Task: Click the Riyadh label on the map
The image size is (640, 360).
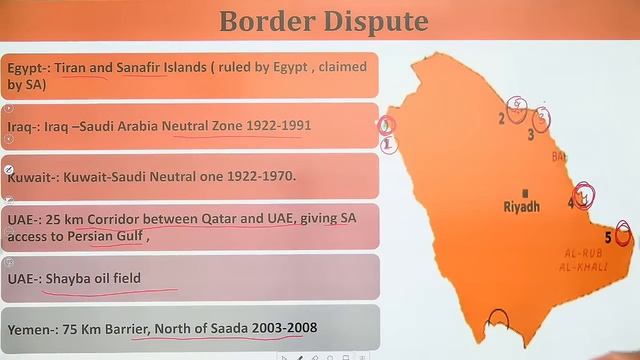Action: click(521, 207)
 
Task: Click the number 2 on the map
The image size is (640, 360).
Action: click(501, 118)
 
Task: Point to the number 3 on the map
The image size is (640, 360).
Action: click(531, 134)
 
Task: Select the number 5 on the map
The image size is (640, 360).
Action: click(608, 237)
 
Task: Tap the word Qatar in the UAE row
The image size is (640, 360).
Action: click(218, 218)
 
